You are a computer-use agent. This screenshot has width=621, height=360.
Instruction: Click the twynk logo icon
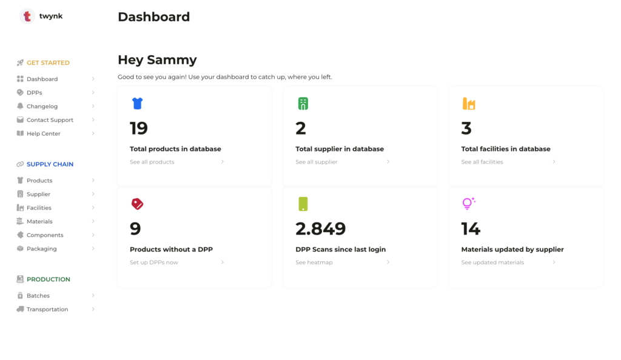click(x=27, y=16)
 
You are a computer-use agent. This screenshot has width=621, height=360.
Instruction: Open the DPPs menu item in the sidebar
click(x=34, y=93)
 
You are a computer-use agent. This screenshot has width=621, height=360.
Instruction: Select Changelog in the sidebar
click(x=42, y=106)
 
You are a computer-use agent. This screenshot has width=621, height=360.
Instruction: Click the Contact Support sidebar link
click(x=50, y=120)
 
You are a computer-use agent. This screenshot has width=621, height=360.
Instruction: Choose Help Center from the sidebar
click(x=43, y=133)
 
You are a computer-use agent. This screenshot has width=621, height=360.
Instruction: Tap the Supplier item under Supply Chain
click(x=38, y=194)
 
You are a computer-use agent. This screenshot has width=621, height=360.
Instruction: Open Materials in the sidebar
click(x=39, y=221)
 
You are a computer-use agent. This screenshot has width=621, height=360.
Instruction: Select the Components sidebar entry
click(x=45, y=235)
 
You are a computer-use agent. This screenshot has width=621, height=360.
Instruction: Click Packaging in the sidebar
click(x=41, y=248)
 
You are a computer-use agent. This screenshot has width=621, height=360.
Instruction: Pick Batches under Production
click(x=38, y=296)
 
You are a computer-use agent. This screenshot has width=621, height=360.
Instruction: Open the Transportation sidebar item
click(x=47, y=309)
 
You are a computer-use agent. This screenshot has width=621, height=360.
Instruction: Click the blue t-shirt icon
click(x=137, y=104)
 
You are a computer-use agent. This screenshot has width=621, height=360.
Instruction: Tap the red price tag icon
click(x=137, y=204)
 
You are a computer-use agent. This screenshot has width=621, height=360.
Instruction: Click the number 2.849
click(x=320, y=228)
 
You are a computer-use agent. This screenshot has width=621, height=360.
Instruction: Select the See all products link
click(x=152, y=162)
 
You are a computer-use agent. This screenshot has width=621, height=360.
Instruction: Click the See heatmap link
click(x=314, y=262)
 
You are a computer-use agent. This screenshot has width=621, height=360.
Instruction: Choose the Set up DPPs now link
click(x=153, y=262)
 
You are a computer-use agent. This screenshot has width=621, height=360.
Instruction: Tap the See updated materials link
click(x=492, y=262)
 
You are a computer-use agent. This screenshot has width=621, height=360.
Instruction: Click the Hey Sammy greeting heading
click(x=157, y=59)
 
